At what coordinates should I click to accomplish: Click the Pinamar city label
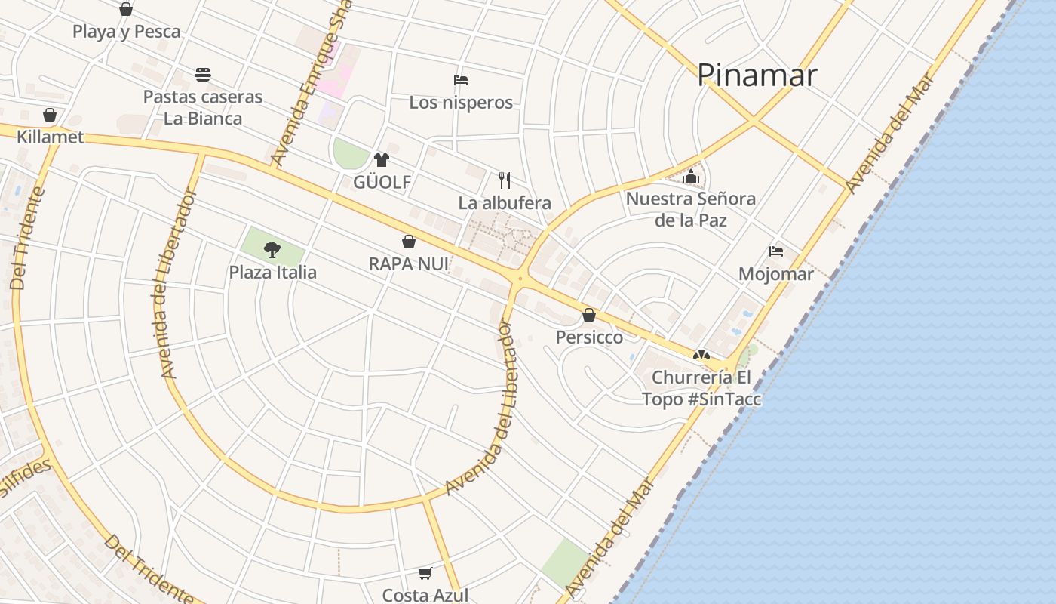point(757,75)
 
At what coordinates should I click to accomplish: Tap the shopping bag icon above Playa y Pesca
point(126,9)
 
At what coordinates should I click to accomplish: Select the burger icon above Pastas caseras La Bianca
point(202,75)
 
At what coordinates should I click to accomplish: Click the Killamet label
point(51,137)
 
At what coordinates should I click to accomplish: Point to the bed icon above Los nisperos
point(461,80)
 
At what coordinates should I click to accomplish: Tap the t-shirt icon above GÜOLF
point(382,159)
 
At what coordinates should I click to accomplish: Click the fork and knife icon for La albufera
point(505,180)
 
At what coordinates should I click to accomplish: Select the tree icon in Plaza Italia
point(272,249)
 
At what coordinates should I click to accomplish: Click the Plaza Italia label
point(273,272)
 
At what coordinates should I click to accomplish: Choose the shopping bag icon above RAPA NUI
point(409,242)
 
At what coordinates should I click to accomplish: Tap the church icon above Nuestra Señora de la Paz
point(691,177)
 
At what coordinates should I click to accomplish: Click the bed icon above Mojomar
point(776,251)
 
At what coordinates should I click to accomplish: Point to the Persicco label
point(589,337)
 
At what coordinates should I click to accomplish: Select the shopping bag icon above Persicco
point(589,315)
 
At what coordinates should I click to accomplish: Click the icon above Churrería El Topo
point(701,354)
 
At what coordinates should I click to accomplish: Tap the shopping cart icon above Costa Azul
point(425,574)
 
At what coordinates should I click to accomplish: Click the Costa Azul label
point(425,595)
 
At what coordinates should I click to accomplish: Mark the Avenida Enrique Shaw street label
point(310,83)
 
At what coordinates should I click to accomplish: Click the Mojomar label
point(776,274)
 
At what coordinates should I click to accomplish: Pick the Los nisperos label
point(461,103)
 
